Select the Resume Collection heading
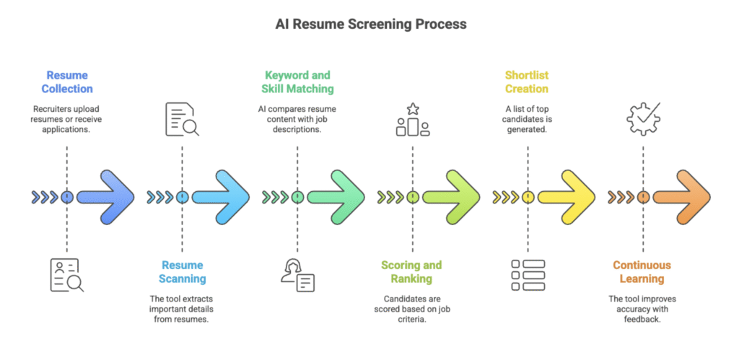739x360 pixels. [67, 82]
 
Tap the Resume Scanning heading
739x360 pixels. [183, 271]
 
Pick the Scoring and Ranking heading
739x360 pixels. [412, 271]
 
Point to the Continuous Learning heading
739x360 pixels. [642, 271]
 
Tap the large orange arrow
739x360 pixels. [681, 196]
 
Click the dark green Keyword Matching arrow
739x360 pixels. [336, 196]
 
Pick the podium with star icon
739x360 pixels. [413, 120]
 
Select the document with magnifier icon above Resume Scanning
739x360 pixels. [182, 120]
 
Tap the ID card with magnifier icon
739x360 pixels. [66, 275]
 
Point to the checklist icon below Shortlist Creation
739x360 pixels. [528, 275]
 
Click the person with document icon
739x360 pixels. [297, 275]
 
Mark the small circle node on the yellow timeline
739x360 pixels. [528, 196]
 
